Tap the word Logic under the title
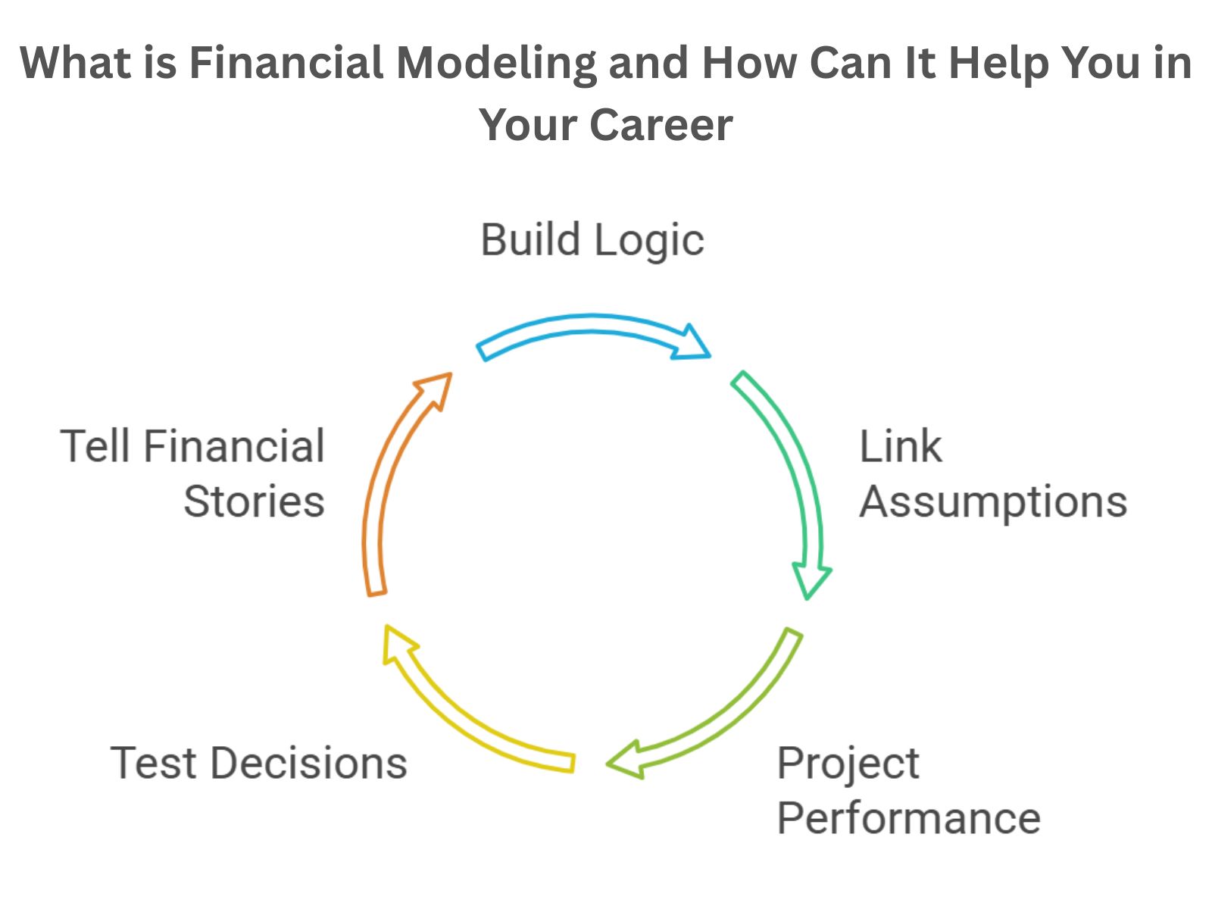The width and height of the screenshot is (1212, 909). [649, 242]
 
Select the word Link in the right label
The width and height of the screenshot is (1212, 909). [901, 446]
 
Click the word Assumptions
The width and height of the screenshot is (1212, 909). [993, 502]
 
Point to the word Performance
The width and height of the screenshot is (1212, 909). [909, 819]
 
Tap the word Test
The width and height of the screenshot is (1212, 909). [154, 764]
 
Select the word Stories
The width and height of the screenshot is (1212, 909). [254, 501]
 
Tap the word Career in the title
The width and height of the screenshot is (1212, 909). [661, 125]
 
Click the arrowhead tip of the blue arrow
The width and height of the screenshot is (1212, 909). [710, 357]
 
